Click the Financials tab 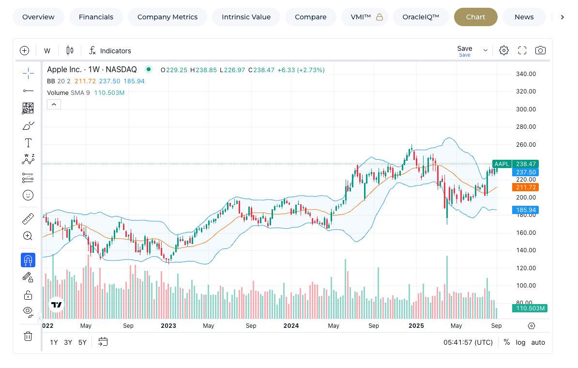[96, 17]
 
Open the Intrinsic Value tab [246, 17]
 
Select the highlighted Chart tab [475, 17]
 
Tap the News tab [524, 17]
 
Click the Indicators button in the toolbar [110, 50]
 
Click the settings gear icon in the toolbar [504, 50]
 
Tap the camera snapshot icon [540, 50]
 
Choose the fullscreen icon [522, 50]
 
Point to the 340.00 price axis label [526, 74]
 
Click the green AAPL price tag [502, 164]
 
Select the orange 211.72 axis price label [526, 187]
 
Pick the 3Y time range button [68, 342]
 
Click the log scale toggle [520, 342]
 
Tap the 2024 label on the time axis [291, 326]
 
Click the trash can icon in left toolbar [28, 336]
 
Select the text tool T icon [28, 143]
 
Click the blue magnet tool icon [28, 260]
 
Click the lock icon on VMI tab [380, 17]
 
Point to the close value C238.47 [261, 70]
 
